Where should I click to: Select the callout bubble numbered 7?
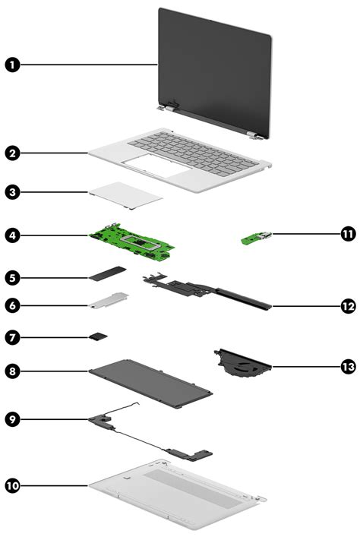[x=12, y=335]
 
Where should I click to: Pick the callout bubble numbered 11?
[x=347, y=235]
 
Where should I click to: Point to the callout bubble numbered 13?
[x=347, y=366]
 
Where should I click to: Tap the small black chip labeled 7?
[x=99, y=335]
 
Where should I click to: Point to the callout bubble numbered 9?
[x=12, y=418]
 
